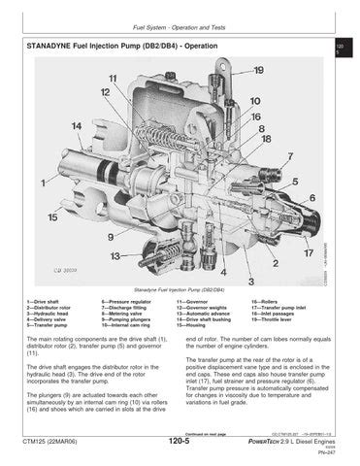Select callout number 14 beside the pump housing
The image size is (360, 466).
[x=76, y=125]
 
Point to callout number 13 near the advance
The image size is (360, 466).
[x=115, y=257]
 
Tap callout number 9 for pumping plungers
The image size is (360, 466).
[x=112, y=236]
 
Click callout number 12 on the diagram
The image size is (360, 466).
[x=104, y=91]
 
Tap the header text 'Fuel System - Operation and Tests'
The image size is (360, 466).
[x=180, y=26]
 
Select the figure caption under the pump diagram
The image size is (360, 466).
[x=179, y=289]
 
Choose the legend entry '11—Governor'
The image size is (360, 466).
[x=195, y=304]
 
